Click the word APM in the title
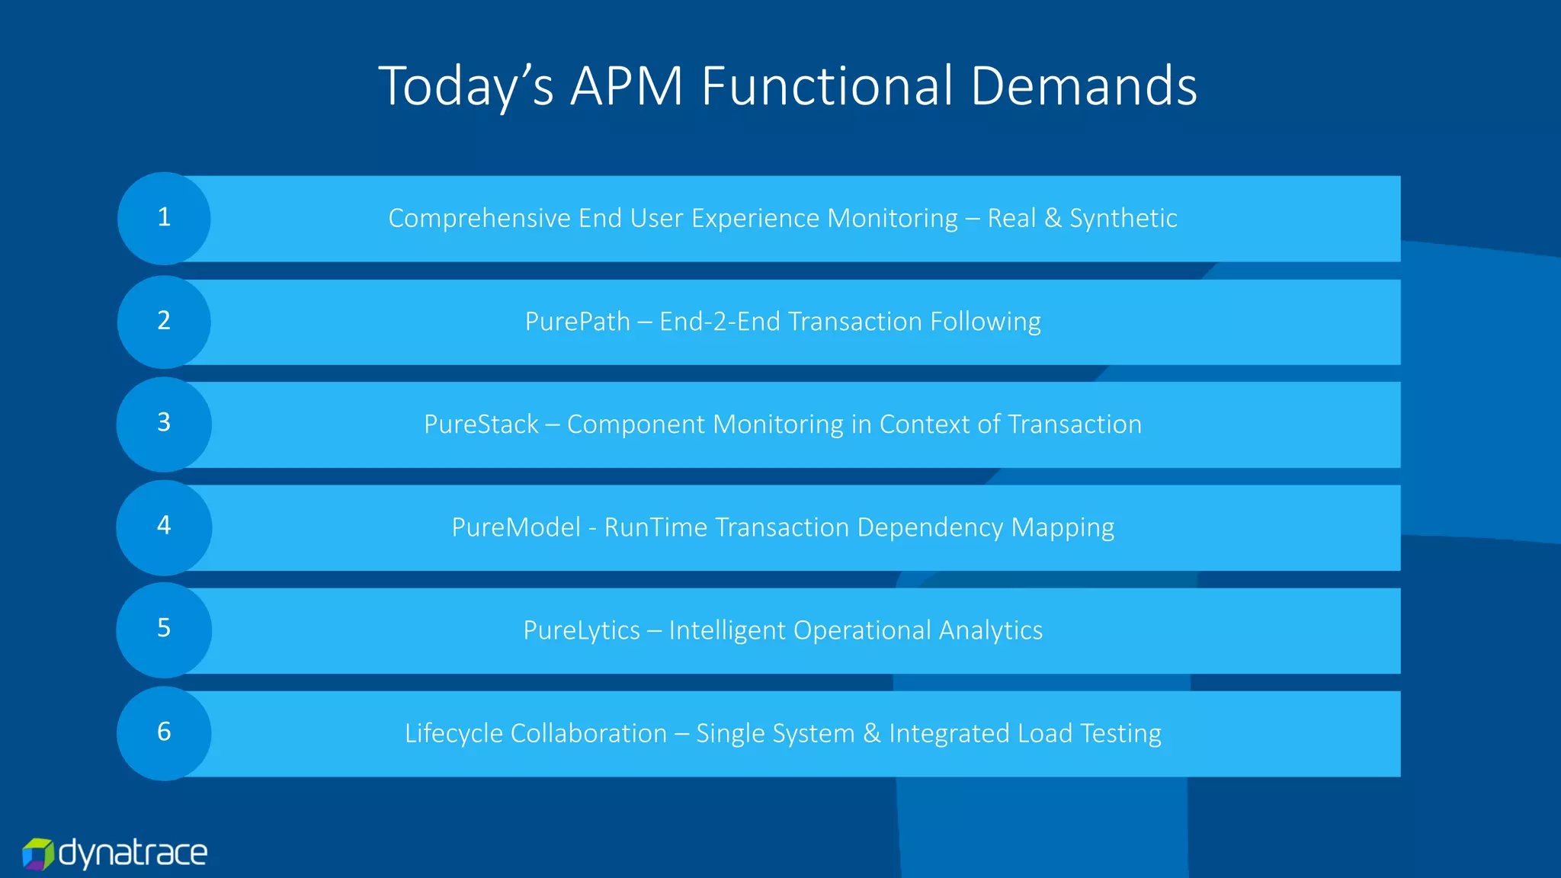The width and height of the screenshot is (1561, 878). coord(627,85)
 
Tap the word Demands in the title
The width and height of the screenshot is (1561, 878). coord(1083,85)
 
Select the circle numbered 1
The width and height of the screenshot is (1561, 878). coord(164,218)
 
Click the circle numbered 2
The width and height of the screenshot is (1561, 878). coord(164,321)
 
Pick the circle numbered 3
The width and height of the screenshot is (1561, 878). coord(164,423)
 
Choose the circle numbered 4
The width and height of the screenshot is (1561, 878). coord(164,526)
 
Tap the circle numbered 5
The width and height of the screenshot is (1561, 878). coord(164,629)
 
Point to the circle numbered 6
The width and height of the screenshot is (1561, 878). coord(164,732)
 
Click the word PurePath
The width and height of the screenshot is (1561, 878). coord(577,322)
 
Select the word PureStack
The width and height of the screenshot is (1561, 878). coord(481,425)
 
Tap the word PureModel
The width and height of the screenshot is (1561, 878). coord(516,527)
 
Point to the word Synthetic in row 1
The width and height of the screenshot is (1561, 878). coord(1123,219)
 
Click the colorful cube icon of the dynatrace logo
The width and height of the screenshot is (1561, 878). coord(37,854)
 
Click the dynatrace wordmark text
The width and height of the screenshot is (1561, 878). coord(133,853)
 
